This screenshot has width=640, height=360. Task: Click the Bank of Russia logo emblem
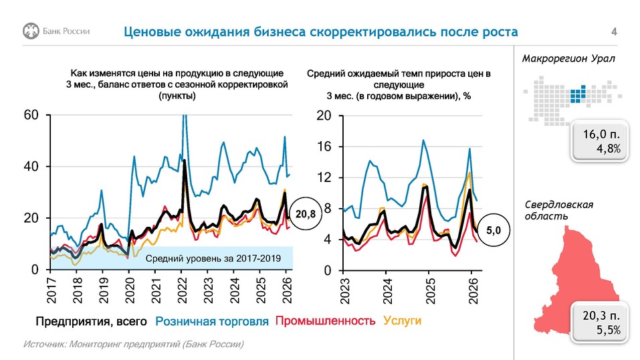coord(31,31)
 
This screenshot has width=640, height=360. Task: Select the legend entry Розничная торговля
coord(214,321)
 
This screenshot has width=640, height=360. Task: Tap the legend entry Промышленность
coord(325,321)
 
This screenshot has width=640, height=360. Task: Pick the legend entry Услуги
coord(401,321)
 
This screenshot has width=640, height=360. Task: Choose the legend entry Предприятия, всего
coord(92,321)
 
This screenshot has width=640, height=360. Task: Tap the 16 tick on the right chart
coord(324,147)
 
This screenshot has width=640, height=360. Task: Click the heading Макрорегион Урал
coord(568,59)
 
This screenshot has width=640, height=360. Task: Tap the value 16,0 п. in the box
coord(601,136)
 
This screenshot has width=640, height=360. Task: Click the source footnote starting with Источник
coord(134,344)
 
